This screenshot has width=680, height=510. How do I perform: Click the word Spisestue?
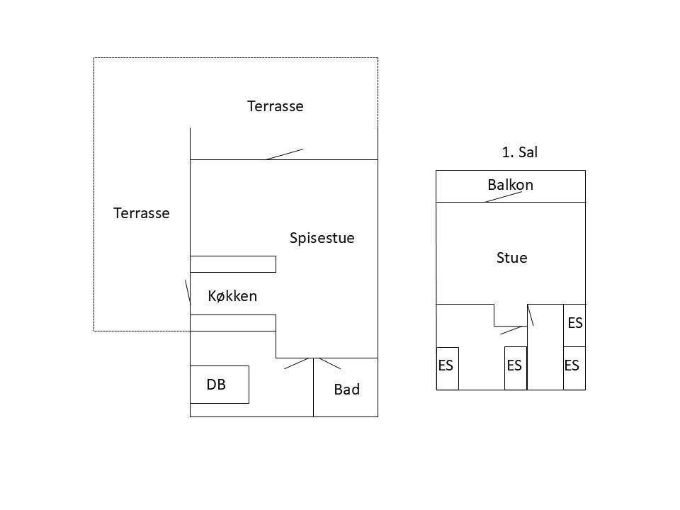322,238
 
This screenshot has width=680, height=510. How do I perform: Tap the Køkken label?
232,296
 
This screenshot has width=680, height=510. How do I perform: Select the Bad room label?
347,390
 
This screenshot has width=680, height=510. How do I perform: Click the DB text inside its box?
216,385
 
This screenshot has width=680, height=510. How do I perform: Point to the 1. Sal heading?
519,152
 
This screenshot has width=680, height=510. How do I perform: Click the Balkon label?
511,185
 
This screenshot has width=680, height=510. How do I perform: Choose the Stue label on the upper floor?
511,258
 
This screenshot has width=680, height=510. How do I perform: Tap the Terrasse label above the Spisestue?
276,106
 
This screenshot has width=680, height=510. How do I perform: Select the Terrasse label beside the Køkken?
142,213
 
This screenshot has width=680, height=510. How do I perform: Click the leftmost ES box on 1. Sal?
448,368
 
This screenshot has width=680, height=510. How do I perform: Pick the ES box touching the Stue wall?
574,325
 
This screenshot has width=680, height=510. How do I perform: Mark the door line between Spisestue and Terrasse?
285,154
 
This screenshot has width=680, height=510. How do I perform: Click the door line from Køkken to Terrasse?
188,292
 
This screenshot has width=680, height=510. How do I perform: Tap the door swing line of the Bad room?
329,363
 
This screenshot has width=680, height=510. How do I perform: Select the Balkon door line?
503,197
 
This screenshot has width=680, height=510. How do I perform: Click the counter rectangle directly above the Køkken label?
233,264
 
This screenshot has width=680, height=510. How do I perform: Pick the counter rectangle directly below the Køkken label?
233,323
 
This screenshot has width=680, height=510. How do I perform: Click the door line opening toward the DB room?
296,363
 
